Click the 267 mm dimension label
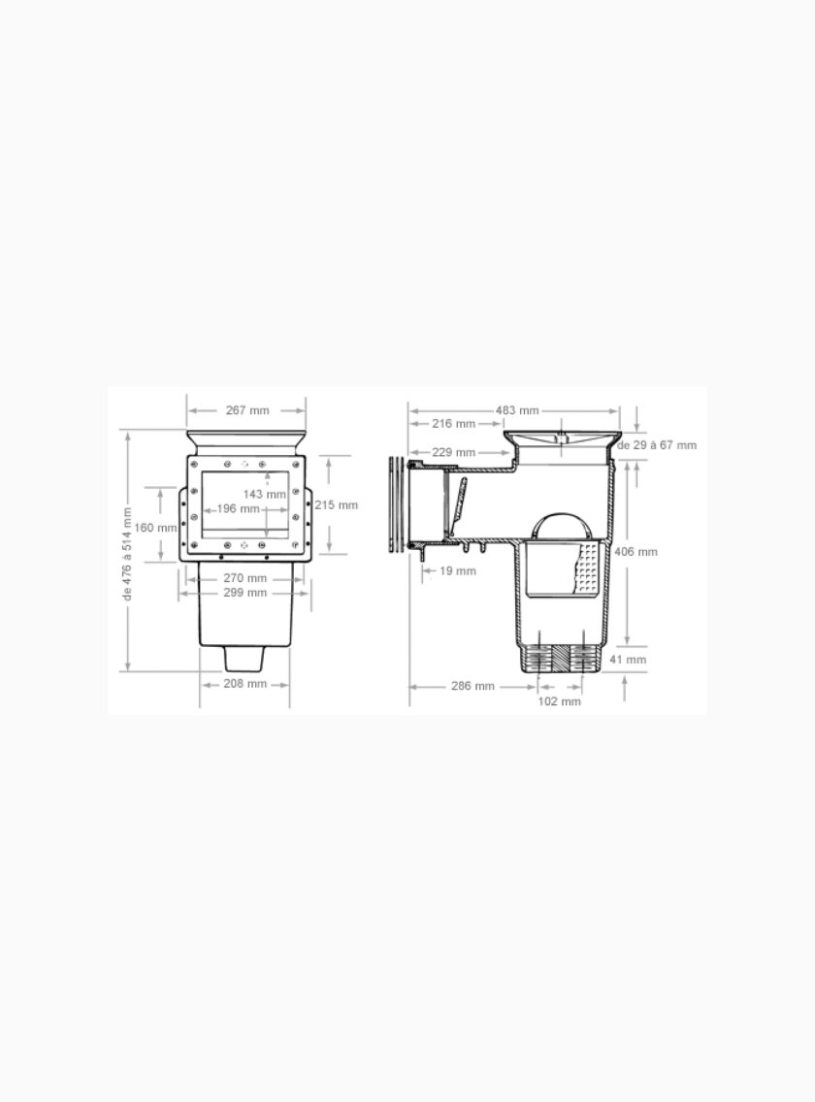(x=247, y=410)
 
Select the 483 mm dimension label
(x=517, y=410)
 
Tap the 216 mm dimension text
(x=453, y=424)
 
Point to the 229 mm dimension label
(x=453, y=452)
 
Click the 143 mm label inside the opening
(x=265, y=494)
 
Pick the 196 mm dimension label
(x=239, y=509)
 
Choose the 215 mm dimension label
(x=336, y=505)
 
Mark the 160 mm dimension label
(x=155, y=528)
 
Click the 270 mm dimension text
(x=244, y=578)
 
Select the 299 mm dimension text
(x=244, y=593)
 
